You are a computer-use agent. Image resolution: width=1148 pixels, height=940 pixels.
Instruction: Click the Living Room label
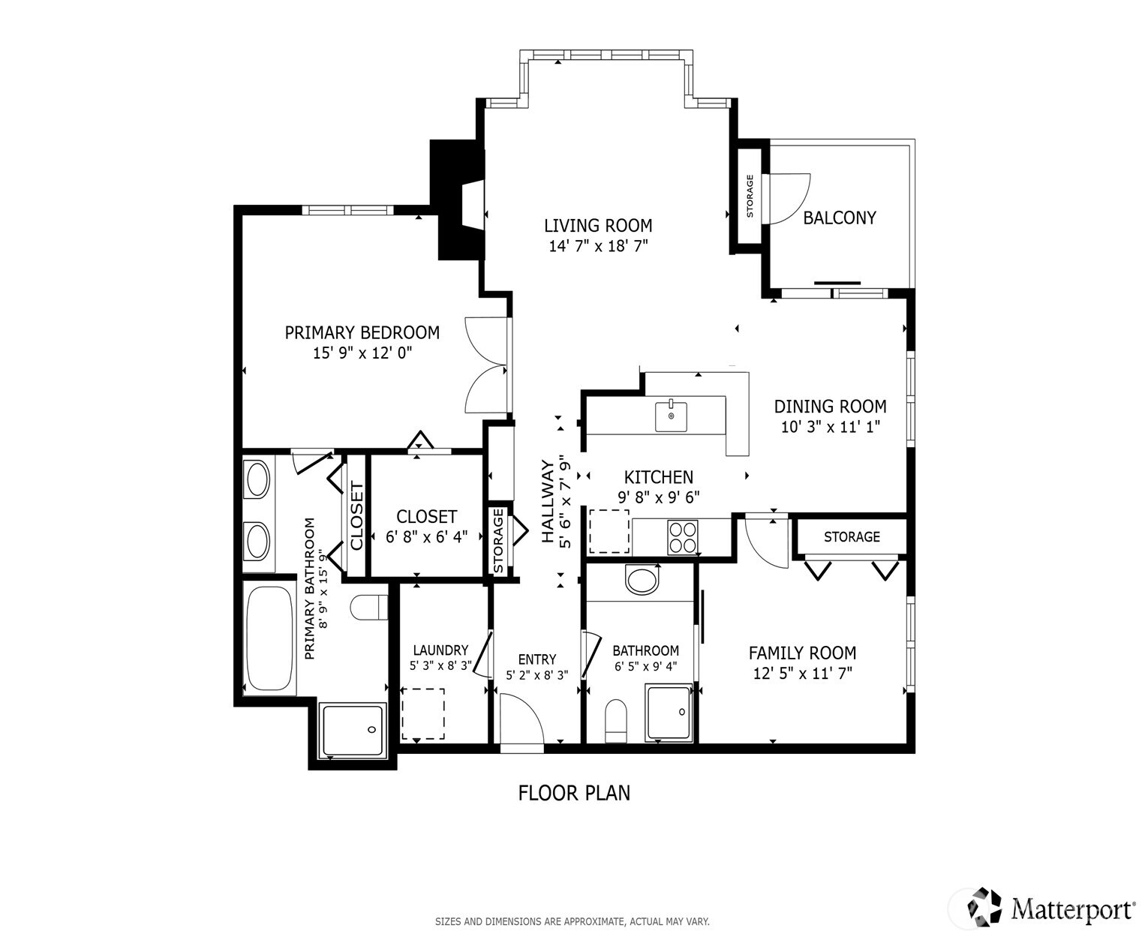click(x=598, y=225)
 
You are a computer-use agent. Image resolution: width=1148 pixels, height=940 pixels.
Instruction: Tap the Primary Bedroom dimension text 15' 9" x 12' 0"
click(x=362, y=353)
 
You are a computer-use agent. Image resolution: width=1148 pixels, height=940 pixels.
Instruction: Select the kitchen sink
click(x=671, y=416)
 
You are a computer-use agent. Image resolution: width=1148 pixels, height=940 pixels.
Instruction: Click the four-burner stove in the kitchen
click(x=683, y=537)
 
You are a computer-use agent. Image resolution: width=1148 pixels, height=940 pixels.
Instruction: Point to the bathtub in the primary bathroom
click(x=269, y=638)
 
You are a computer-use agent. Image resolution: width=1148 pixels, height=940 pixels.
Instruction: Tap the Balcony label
click(x=840, y=218)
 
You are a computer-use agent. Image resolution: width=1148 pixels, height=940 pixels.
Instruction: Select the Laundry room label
click(x=440, y=650)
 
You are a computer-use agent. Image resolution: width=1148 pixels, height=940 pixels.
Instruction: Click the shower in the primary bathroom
click(x=353, y=729)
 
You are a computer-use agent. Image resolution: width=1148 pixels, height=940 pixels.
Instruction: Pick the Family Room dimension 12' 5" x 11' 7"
click(x=802, y=674)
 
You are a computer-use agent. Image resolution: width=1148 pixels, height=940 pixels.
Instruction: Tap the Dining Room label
click(x=830, y=407)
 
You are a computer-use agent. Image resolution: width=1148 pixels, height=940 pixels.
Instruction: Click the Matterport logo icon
click(x=984, y=907)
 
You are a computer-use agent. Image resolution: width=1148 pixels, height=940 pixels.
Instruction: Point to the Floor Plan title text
click(x=574, y=793)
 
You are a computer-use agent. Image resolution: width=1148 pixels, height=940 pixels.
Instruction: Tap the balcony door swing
click(x=787, y=199)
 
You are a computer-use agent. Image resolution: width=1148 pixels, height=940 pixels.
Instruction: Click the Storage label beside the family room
click(x=852, y=537)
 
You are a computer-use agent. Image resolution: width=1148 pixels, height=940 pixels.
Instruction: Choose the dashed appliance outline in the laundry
click(x=423, y=713)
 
